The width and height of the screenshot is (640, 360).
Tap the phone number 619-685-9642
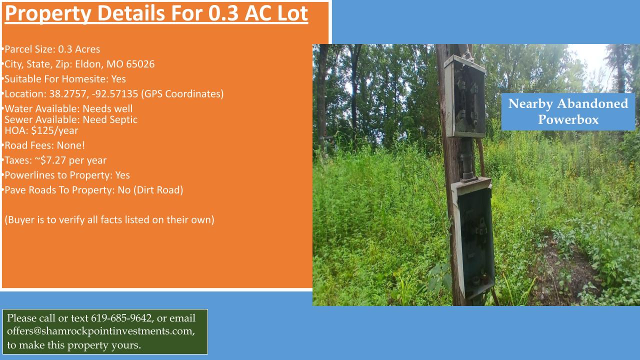tap(121, 318)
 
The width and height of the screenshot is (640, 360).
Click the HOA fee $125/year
tap(54, 130)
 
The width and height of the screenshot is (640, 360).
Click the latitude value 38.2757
tap(68, 93)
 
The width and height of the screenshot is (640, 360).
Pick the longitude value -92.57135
tap(115, 93)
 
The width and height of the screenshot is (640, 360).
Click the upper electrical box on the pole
tap(465, 96)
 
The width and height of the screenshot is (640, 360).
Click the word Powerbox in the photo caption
tap(568, 119)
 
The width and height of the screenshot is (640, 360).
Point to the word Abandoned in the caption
tap(592, 103)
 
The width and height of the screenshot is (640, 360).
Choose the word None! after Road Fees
tap(71, 145)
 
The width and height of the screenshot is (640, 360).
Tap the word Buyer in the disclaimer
tap(21, 220)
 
